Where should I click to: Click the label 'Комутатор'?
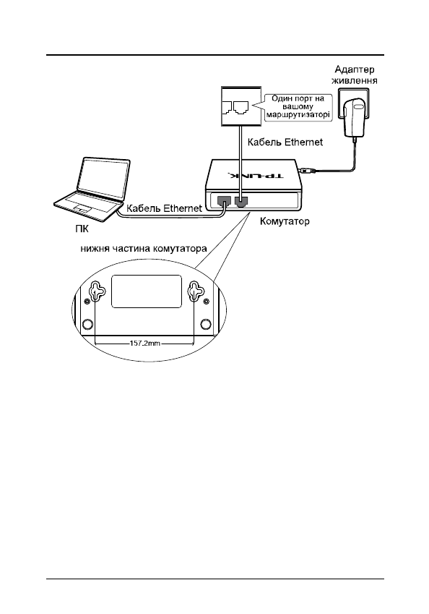point(285,221)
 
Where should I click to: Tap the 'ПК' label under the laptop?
point(82,229)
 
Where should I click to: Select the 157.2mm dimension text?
point(144,344)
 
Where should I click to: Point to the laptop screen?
point(103,179)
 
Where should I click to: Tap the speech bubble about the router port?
point(298,107)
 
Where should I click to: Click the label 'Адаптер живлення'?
point(355,75)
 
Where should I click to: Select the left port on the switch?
point(224,201)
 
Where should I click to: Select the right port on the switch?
point(241,201)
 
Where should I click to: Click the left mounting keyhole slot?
point(97,291)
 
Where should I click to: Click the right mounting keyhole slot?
point(195,291)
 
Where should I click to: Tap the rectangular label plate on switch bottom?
point(147,291)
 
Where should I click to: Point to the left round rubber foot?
point(87,323)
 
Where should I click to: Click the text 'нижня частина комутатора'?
point(144,249)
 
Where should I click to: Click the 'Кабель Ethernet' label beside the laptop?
point(164,208)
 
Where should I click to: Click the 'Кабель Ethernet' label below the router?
point(285,142)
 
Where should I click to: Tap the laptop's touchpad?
point(82,208)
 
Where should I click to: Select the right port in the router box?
point(240,107)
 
